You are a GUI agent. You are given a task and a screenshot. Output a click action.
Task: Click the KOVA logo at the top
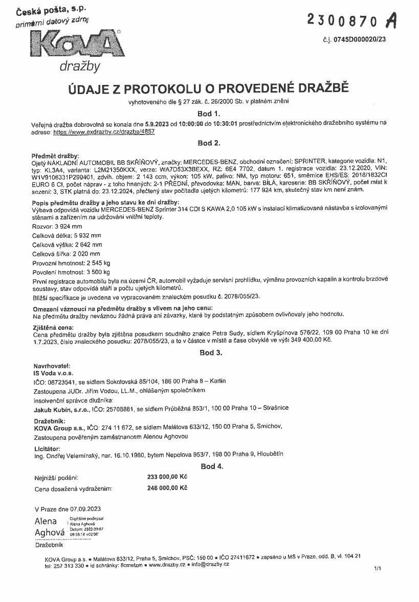click(x=77, y=47)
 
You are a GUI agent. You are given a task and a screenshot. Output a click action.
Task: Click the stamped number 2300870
click(x=343, y=20)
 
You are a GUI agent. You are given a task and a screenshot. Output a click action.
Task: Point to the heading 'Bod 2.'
click(x=209, y=143)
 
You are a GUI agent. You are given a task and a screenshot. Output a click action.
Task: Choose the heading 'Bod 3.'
click(x=210, y=353)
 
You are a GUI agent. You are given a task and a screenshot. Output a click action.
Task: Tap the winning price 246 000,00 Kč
click(x=167, y=488)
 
